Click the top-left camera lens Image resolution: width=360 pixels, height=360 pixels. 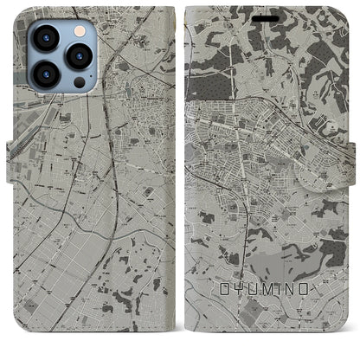(x=45, y=39)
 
